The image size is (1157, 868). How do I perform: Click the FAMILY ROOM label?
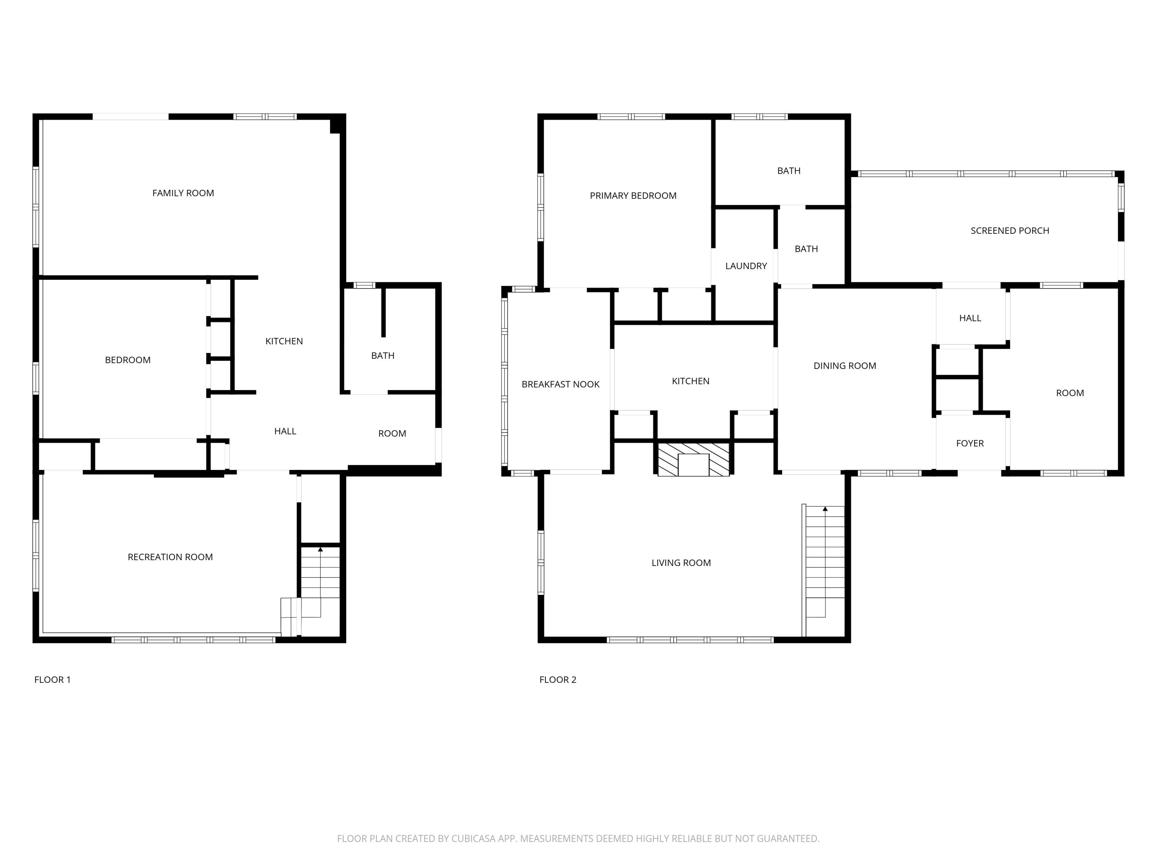pyautogui.click(x=183, y=193)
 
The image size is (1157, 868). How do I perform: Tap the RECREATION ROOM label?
pyautogui.click(x=170, y=557)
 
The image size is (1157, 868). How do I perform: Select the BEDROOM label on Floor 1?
pyautogui.click(x=128, y=360)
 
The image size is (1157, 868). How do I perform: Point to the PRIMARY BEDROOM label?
pyautogui.click(x=633, y=196)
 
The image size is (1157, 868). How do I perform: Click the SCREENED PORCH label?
pyautogui.click(x=1010, y=231)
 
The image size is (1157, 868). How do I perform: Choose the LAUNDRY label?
pyautogui.click(x=746, y=266)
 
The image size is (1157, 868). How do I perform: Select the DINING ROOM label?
pyautogui.click(x=845, y=366)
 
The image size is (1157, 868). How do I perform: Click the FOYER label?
pyautogui.click(x=970, y=443)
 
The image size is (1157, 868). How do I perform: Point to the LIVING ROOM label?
pyautogui.click(x=681, y=563)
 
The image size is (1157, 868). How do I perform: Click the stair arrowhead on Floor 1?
pyautogui.click(x=320, y=549)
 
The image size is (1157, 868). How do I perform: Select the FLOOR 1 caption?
pyautogui.click(x=52, y=680)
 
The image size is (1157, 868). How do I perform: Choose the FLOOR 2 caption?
pyautogui.click(x=558, y=680)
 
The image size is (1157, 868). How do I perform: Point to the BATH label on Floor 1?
pyautogui.click(x=382, y=356)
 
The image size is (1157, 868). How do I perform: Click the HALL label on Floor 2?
pyautogui.click(x=970, y=318)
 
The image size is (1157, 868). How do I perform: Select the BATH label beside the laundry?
pyautogui.click(x=806, y=249)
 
